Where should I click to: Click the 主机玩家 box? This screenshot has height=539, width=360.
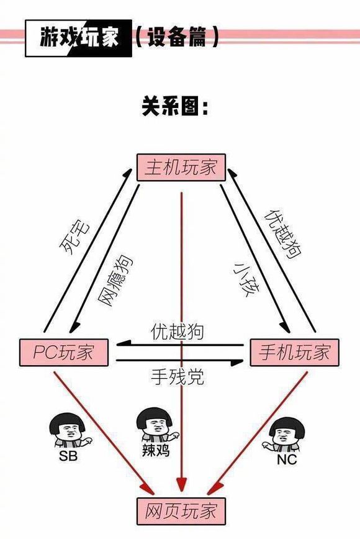[x=181, y=167]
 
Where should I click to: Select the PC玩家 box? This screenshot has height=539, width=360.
[x=65, y=353]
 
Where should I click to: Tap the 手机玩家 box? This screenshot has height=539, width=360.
[x=295, y=353]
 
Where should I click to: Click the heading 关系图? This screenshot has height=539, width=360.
[x=175, y=107]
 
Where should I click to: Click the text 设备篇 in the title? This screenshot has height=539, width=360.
[x=176, y=38]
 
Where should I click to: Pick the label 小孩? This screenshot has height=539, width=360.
[x=243, y=280]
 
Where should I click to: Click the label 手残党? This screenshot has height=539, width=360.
[x=178, y=376]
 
